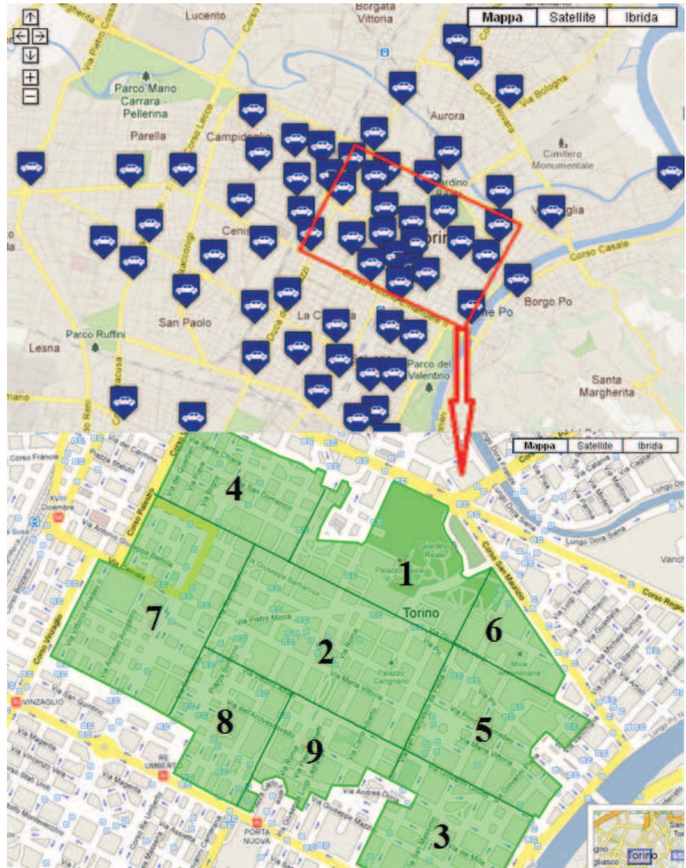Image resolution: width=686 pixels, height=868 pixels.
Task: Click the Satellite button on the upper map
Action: (572, 18)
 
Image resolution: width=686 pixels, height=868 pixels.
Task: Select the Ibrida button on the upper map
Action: (641, 18)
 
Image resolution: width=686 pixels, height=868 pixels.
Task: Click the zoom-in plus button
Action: (30, 77)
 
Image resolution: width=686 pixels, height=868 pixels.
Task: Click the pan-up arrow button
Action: (30, 17)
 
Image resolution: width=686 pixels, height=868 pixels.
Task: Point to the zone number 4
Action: (234, 490)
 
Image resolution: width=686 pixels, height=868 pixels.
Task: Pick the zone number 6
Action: (493, 631)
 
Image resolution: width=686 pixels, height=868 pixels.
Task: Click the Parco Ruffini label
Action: (95, 334)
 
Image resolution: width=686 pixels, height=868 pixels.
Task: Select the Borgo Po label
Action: (548, 302)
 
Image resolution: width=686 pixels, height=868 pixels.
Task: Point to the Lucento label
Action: (205, 16)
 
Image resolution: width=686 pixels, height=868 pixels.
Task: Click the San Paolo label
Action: (185, 322)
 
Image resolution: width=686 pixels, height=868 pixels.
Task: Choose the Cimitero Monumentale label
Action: (562, 159)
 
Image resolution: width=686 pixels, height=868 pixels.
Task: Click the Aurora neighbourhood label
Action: (447, 115)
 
